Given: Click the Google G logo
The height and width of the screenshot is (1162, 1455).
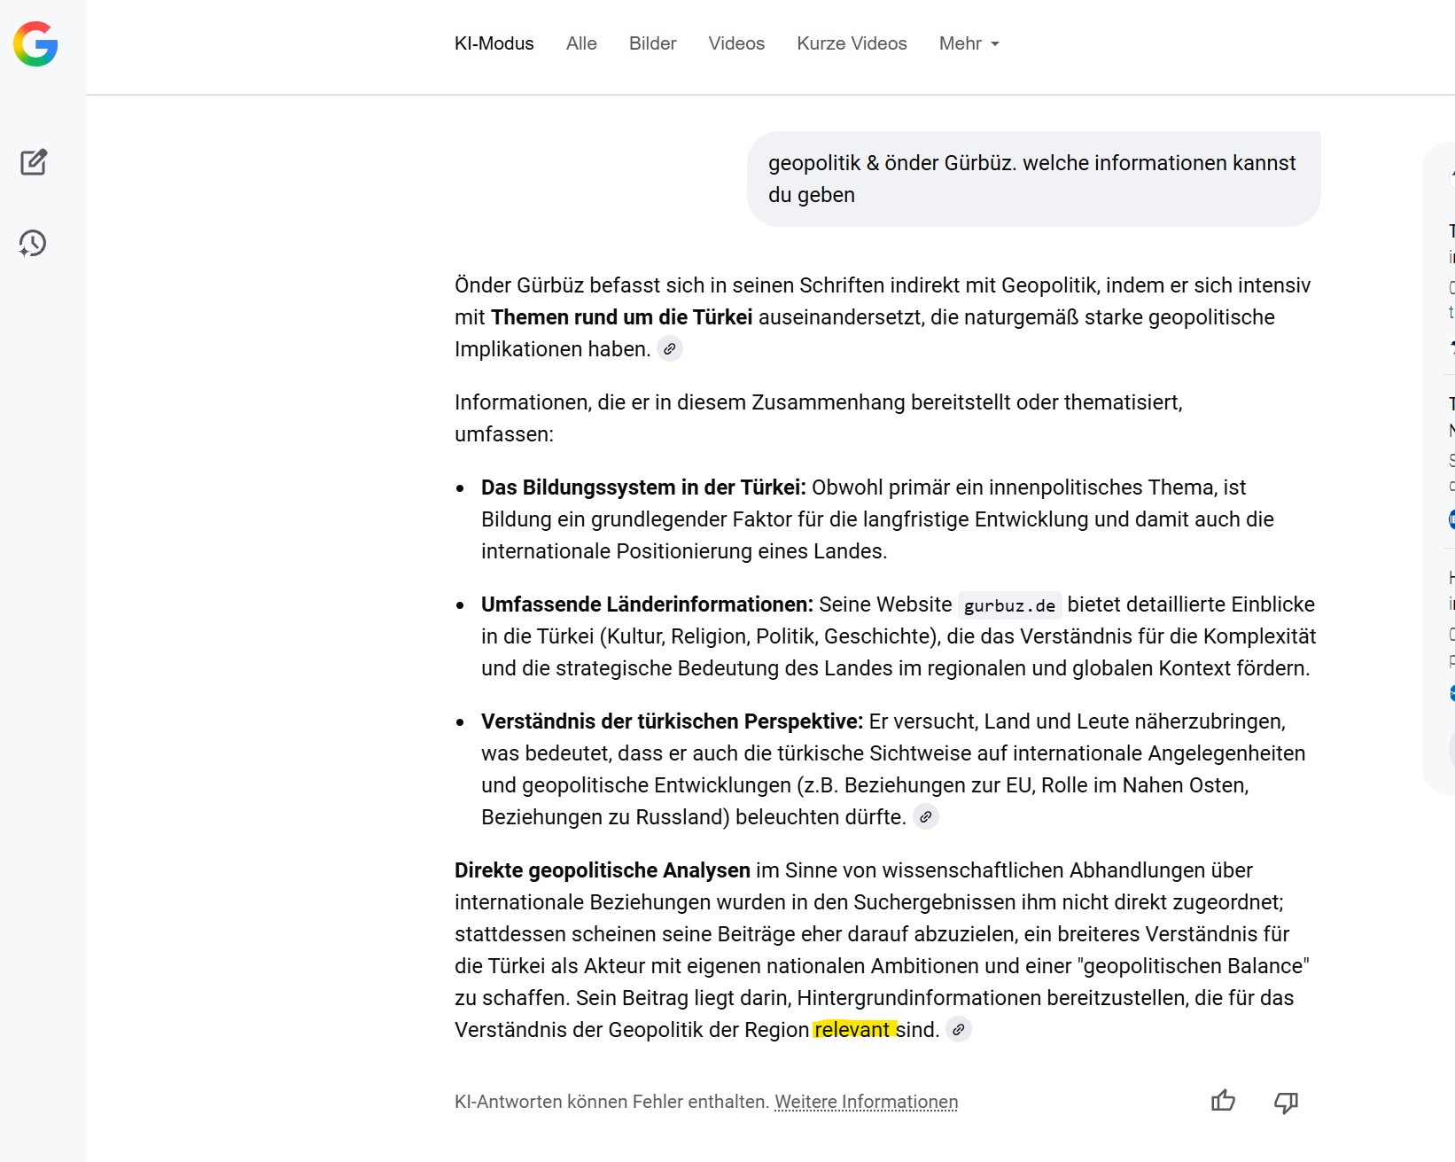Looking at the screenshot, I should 35,44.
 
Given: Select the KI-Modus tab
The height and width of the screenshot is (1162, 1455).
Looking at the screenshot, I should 494,43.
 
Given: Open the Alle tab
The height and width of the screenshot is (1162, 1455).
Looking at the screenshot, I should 581,43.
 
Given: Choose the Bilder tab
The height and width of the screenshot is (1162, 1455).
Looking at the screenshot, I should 652,43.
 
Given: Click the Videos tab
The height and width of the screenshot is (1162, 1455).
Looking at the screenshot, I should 736,43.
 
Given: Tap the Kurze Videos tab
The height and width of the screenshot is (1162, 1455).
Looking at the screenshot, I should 852,43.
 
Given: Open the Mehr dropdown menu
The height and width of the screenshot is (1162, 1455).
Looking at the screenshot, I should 969,43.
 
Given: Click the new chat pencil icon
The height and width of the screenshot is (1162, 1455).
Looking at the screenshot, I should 34,162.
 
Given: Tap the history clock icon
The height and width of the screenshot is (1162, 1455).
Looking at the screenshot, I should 33,243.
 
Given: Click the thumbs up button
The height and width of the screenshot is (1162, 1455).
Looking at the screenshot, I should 1223,1101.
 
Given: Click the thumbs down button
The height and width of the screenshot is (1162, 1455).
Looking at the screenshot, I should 1286,1102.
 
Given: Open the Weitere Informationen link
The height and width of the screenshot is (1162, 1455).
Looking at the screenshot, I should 866,1102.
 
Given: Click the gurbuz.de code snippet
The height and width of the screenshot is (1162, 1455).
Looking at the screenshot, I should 1009,605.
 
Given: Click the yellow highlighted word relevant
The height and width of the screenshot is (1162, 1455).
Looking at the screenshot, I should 852,1029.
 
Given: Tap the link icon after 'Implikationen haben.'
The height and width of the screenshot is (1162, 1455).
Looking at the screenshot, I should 670,349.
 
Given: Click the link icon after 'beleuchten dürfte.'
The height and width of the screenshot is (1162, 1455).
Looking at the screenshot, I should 925,817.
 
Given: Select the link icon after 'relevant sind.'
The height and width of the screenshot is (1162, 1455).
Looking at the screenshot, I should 958,1030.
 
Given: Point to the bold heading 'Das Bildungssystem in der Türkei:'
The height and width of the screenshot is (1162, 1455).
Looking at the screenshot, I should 643,487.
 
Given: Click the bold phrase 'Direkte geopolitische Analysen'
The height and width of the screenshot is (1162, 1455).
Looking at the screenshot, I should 602,870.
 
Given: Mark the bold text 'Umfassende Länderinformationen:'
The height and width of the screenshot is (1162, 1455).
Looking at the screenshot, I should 647,604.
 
